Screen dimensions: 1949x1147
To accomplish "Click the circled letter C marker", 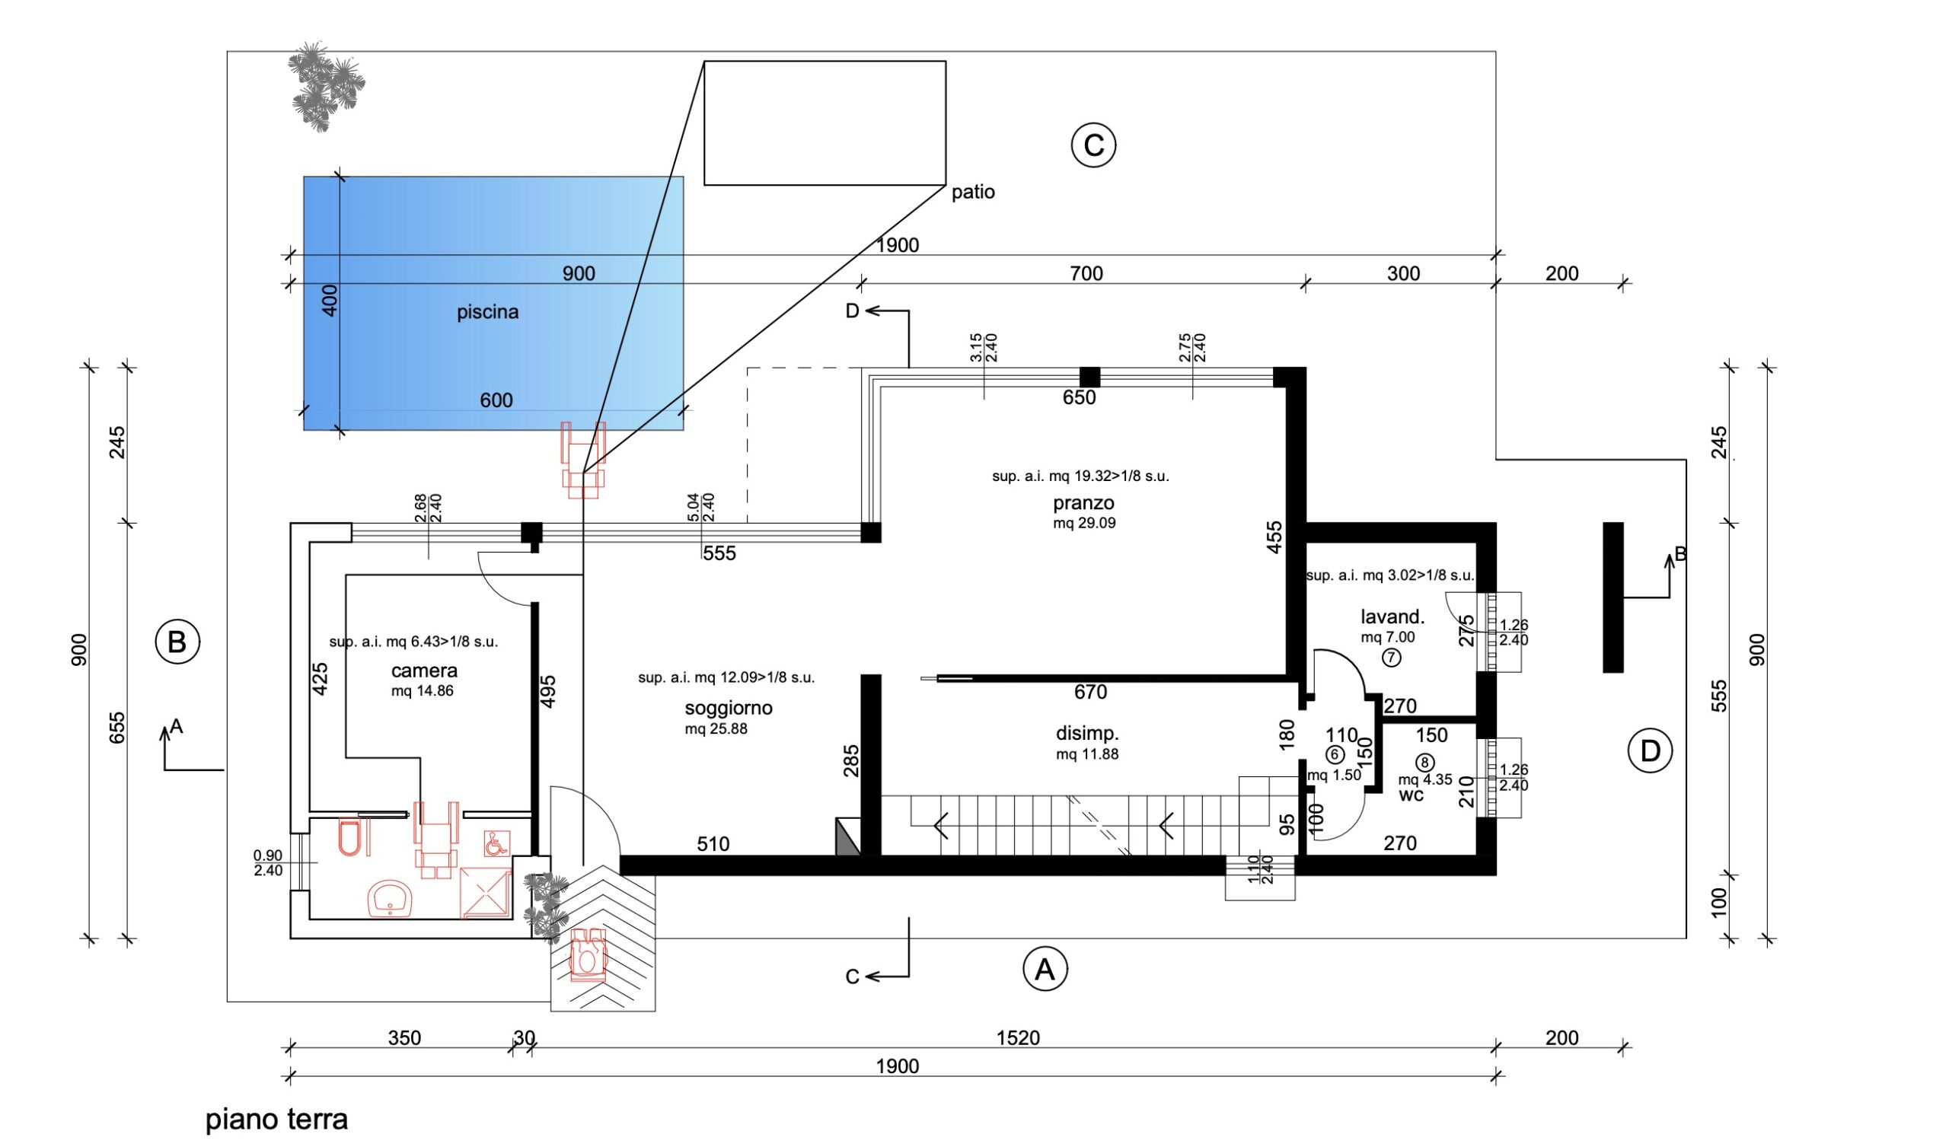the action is (1093, 145).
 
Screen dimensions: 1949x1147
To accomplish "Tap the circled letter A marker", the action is (1045, 969).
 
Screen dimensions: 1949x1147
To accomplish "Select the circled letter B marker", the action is (177, 642).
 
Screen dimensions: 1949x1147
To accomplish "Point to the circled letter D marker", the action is (1650, 751).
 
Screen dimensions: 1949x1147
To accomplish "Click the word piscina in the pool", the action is (487, 313).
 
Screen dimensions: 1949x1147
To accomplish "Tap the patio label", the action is (973, 192).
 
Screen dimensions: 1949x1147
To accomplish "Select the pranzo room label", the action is (1083, 504).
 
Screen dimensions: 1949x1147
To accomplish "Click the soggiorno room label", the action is (728, 708).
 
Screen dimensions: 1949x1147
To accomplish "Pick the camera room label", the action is (424, 671).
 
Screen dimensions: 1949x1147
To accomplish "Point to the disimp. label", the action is (1087, 734).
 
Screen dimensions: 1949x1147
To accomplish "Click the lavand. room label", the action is (1392, 617).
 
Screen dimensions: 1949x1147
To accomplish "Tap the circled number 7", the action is (1391, 658).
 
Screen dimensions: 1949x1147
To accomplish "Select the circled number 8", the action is (1424, 763).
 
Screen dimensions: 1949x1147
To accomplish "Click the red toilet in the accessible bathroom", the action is (350, 839).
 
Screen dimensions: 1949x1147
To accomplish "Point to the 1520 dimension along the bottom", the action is (1018, 1038).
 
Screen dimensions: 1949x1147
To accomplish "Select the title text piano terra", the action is (277, 1119).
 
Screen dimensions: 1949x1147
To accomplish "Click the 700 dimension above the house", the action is (1086, 273).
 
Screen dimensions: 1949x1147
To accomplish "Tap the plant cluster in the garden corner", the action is (326, 86).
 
